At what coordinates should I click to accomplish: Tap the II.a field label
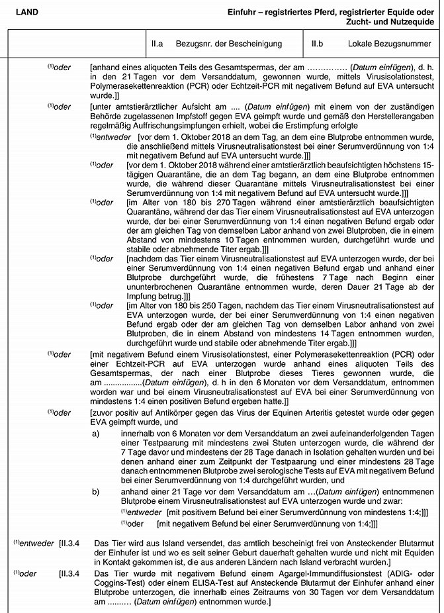(x=157, y=44)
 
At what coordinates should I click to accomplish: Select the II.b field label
(x=317, y=44)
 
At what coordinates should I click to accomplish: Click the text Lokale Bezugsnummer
(x=386, y=44)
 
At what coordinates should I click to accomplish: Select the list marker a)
(x=97, y=434)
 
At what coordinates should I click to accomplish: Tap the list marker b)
(x=97, y=492)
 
